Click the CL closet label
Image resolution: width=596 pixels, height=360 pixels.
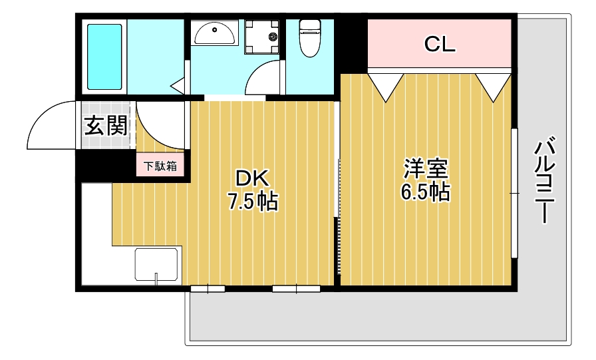440,45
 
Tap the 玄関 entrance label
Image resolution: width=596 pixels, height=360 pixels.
105,126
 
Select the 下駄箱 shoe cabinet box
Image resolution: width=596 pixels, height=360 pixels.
161,166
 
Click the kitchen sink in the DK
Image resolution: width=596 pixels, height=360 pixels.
156,265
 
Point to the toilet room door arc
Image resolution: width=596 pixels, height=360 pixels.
263,79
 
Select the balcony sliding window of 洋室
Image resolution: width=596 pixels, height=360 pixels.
514,193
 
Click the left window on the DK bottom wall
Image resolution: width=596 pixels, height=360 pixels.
208,289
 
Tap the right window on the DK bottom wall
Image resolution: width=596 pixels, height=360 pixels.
296,289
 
